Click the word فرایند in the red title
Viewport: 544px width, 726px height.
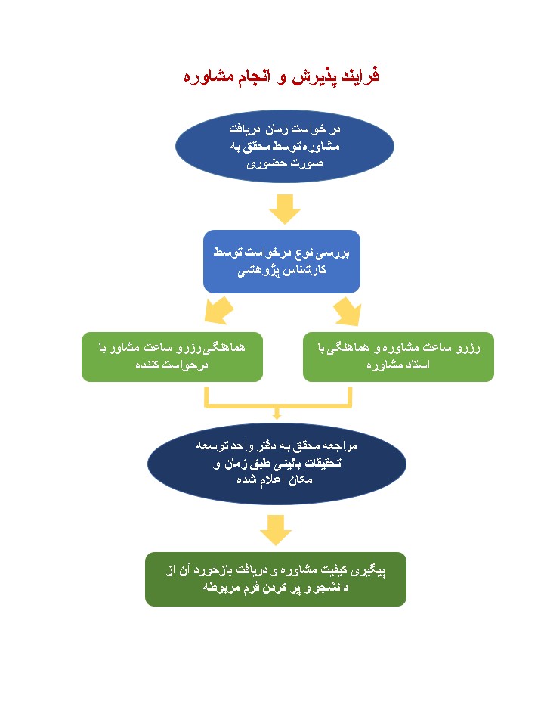[360, 76]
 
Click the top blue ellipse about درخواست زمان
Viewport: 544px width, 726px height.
[285, 146]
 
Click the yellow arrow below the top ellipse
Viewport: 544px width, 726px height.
[285, 209]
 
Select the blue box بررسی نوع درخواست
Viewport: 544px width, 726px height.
[282, 262]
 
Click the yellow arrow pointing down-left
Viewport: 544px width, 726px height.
[219, 311]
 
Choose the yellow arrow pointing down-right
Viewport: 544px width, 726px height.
[348, 311]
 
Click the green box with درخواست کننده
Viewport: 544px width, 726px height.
[172, 356]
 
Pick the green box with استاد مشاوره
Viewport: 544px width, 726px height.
[398, 356]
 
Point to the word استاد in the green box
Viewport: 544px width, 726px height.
[417, 365]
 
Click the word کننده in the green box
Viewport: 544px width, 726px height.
[147, 365]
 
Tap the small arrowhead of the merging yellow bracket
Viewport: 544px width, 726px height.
[277, 415]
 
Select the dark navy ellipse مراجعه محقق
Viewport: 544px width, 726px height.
[277, 464]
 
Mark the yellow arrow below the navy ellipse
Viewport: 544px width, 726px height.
[276, 530]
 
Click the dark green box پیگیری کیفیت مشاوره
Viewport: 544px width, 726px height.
[276, 579]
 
